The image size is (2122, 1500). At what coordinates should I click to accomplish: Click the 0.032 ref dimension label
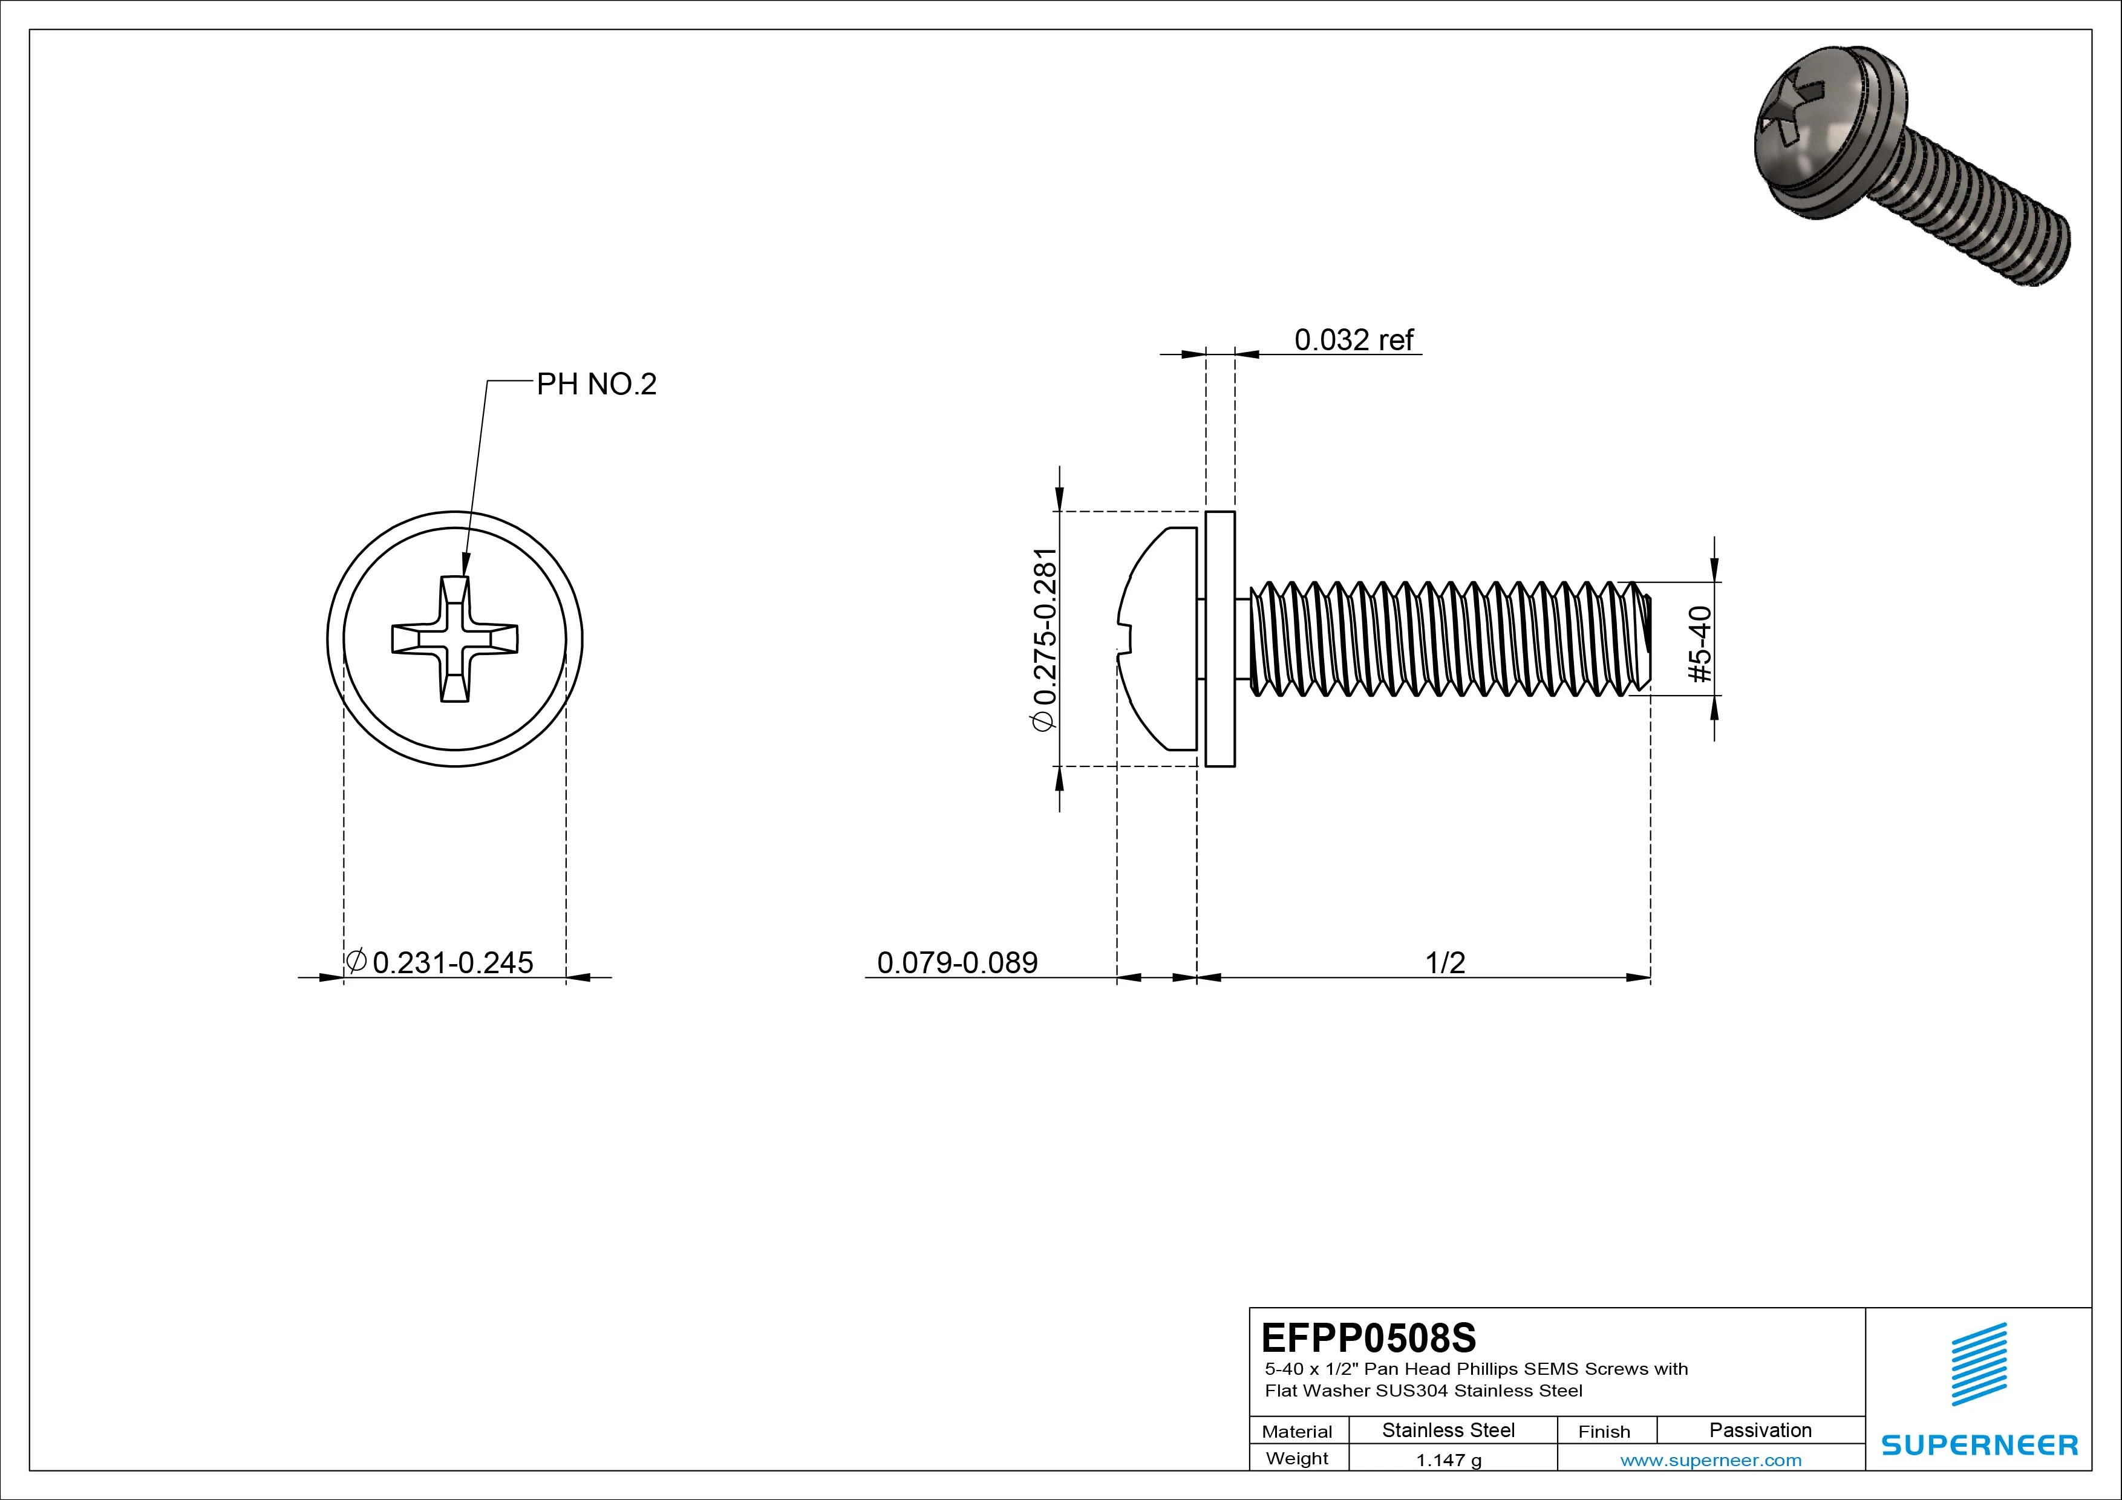1353,340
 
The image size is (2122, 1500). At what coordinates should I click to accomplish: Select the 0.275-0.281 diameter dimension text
1044,639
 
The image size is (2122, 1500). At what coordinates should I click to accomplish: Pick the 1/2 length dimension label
1445,962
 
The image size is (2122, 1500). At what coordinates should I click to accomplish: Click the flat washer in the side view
1220,639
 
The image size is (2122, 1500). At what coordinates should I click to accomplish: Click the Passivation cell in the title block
1760,1430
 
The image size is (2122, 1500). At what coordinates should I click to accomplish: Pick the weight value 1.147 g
1448,1460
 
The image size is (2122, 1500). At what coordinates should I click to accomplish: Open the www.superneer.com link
1711,1460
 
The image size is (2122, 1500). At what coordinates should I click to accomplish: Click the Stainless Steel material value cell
1448,1430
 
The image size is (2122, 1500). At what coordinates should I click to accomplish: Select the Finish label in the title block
1604,1430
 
